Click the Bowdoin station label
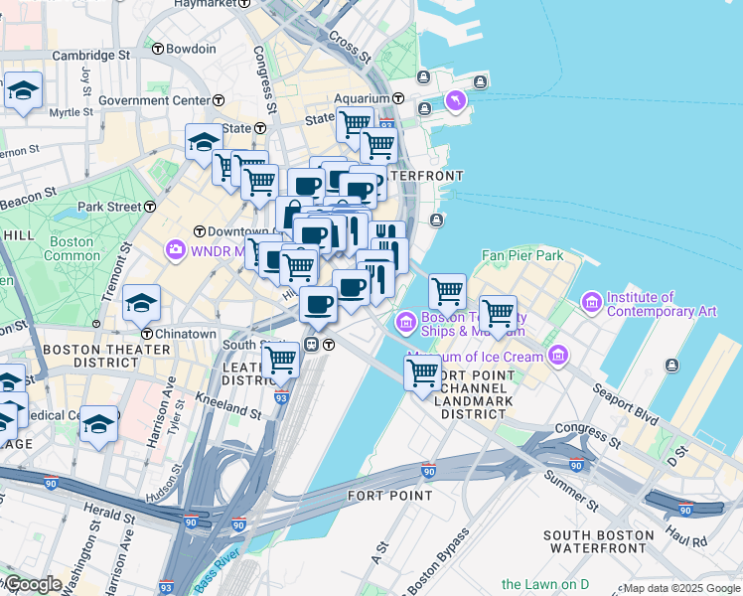coord(191,49)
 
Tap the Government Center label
coord(153,100)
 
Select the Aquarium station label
coord(363,98)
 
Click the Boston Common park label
coord(71,248)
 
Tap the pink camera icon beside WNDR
coord(177,248)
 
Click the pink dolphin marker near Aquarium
coord(455,99)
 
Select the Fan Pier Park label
coord(522,255)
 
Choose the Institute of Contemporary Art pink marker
coord(592,300)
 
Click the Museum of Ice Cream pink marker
coord(558,355)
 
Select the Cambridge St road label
coord(91,56)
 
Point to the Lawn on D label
coord(545,584)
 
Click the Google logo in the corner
coord(32,584)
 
